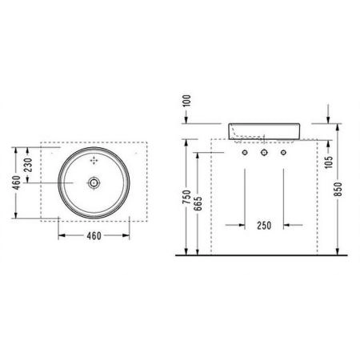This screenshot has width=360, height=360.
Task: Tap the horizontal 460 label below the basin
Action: pyautogui.click(x=95, y=237)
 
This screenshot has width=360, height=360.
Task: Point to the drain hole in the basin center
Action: pyautogui.click(x=95, y=184)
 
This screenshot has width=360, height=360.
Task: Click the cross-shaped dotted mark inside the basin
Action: pyautogui.click(x=95, y=162)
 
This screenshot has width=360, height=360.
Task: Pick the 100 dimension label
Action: pyautogui.click(x=187, y=100)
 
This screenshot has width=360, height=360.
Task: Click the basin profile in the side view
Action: pyautogui.click(x=263, y=130)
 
